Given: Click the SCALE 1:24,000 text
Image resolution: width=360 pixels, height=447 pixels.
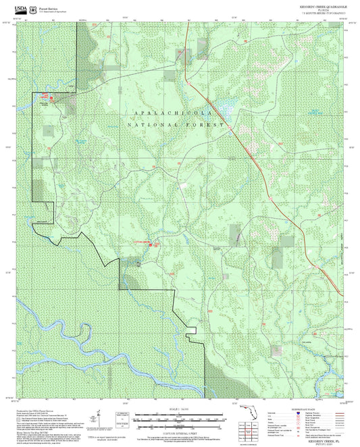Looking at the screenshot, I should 180,409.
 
